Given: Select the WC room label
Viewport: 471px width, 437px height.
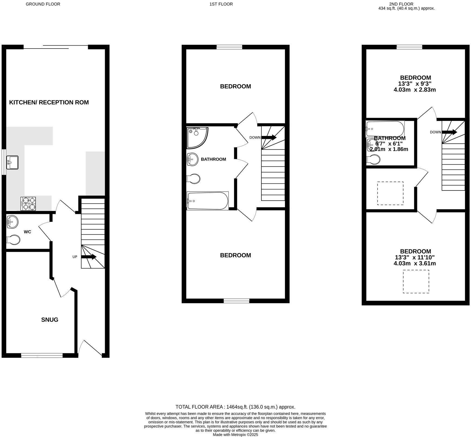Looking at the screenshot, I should click(28, 232).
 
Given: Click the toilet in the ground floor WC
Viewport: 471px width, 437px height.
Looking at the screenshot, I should click(13, 240).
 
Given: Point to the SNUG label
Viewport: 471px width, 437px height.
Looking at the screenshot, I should click(50, 320).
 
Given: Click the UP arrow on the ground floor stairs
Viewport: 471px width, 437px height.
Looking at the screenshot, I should click(89, 257).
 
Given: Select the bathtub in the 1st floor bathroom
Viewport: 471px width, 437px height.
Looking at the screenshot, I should click(207, 201).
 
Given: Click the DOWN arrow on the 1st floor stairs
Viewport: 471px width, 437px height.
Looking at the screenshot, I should click(269, 137).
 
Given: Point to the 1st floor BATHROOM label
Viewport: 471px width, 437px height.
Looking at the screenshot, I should click(213, 159).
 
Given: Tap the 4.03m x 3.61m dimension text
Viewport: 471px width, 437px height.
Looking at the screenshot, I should click(415, 264).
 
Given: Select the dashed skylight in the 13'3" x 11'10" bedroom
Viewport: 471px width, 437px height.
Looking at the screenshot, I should click(416, 282).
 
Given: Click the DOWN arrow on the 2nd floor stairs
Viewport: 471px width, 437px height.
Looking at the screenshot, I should click(449, 132).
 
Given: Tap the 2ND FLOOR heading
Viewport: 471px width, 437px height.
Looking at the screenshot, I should click(401, 4).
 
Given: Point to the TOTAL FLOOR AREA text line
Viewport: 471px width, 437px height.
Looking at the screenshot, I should click(235, 407).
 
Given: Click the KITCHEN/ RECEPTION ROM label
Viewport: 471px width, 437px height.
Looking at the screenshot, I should click(49, 102).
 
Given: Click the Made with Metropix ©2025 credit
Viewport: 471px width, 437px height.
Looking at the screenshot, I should click(235, 435).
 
